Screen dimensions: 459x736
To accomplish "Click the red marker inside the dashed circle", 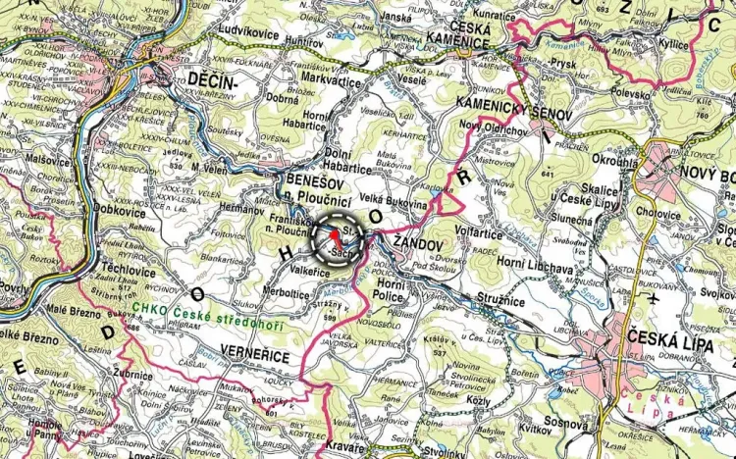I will pyautogui.click(x=335, y=237).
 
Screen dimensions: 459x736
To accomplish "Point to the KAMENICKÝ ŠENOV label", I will pyautogui.click(x=493, y=110).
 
